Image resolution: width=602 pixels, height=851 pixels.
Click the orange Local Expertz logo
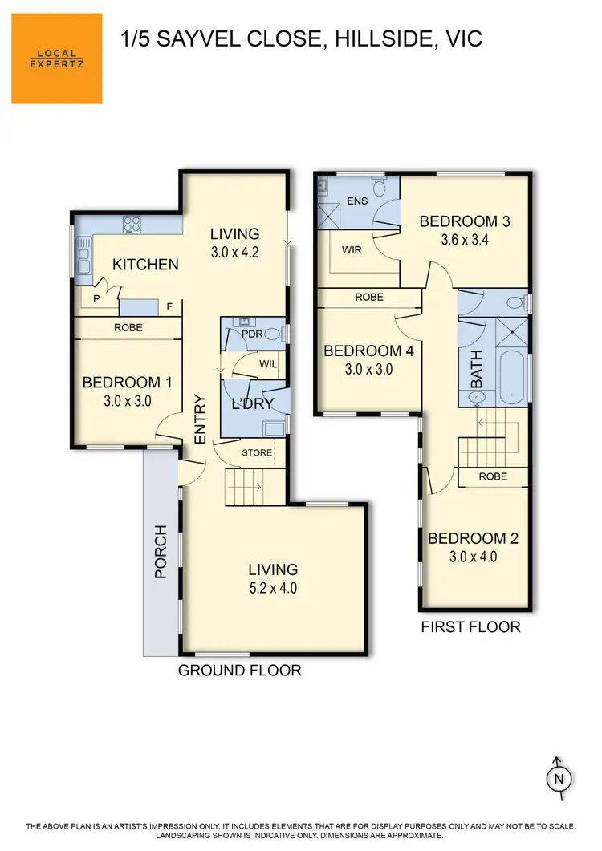point(56,59)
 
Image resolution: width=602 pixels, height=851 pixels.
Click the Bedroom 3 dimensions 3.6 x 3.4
point(465,239)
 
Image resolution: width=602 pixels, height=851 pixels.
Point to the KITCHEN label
point(144,264)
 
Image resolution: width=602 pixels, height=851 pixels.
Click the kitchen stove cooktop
point(132,225)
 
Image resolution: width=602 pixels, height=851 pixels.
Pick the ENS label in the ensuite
point(358,201)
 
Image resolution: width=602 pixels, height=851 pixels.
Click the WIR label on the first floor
point(352,250)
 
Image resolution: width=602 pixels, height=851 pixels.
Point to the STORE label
point(257,452)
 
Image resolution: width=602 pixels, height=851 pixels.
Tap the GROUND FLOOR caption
point(239,670)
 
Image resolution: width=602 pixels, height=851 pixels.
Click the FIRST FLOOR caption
point(470,626)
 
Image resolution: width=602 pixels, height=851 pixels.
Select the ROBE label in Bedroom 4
point(368,297)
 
